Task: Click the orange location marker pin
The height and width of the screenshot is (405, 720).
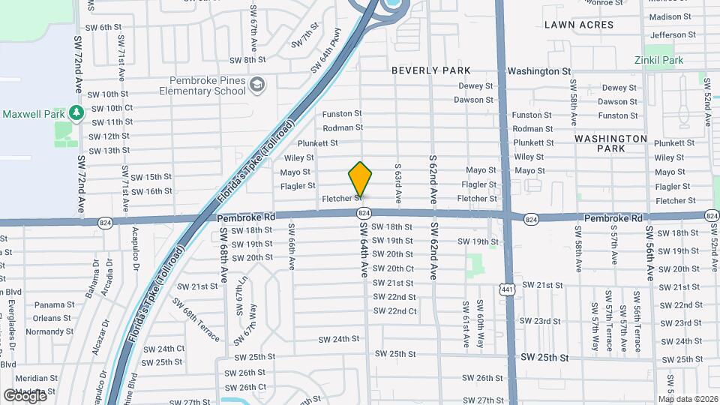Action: pyautogui.click(x=361, y=179)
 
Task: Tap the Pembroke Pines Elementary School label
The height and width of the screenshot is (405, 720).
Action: pyautogui.click(x=196, y=85)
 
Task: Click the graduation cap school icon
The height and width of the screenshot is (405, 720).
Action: pyautogui.click(x=258, y=84)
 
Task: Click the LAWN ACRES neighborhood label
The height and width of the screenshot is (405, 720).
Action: pyautogui.click(x=579, y=25)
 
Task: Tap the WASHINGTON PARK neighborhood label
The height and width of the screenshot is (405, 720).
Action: pyautogui.click(x=610, y=143)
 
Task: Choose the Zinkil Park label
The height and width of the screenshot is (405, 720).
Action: pyautogui.click(x=659, y=60)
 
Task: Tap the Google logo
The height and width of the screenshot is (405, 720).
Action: pyautogui.click(x=25, y=394)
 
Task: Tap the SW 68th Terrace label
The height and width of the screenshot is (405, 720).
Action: pyautogui.click(x=196, y=319)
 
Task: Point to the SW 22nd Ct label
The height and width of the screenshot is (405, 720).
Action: pyautogui.click(x=396, y=311)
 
